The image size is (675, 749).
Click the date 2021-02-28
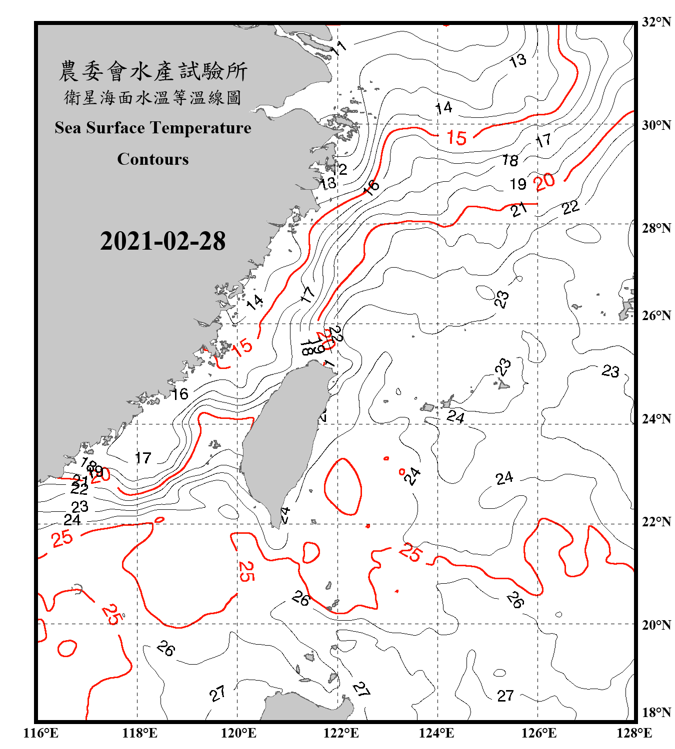162,241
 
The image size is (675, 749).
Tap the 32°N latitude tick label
656,22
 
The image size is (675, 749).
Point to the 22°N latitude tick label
656,522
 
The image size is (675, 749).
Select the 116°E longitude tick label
40,733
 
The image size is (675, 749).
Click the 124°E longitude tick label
436,733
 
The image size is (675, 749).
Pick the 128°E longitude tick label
634,733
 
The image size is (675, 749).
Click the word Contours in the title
152,159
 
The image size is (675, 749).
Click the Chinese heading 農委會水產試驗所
152,71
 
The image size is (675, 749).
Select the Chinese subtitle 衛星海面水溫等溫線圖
152,97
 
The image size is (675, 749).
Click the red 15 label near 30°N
456,137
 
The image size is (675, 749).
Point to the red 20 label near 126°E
544,182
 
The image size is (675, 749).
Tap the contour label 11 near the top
338,48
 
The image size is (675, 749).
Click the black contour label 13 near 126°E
517,61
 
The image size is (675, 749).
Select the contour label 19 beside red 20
518,184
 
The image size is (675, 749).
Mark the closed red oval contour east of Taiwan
342,486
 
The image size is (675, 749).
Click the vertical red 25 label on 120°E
245,571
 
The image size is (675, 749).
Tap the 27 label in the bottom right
505,696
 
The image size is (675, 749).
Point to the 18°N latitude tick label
656,713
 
